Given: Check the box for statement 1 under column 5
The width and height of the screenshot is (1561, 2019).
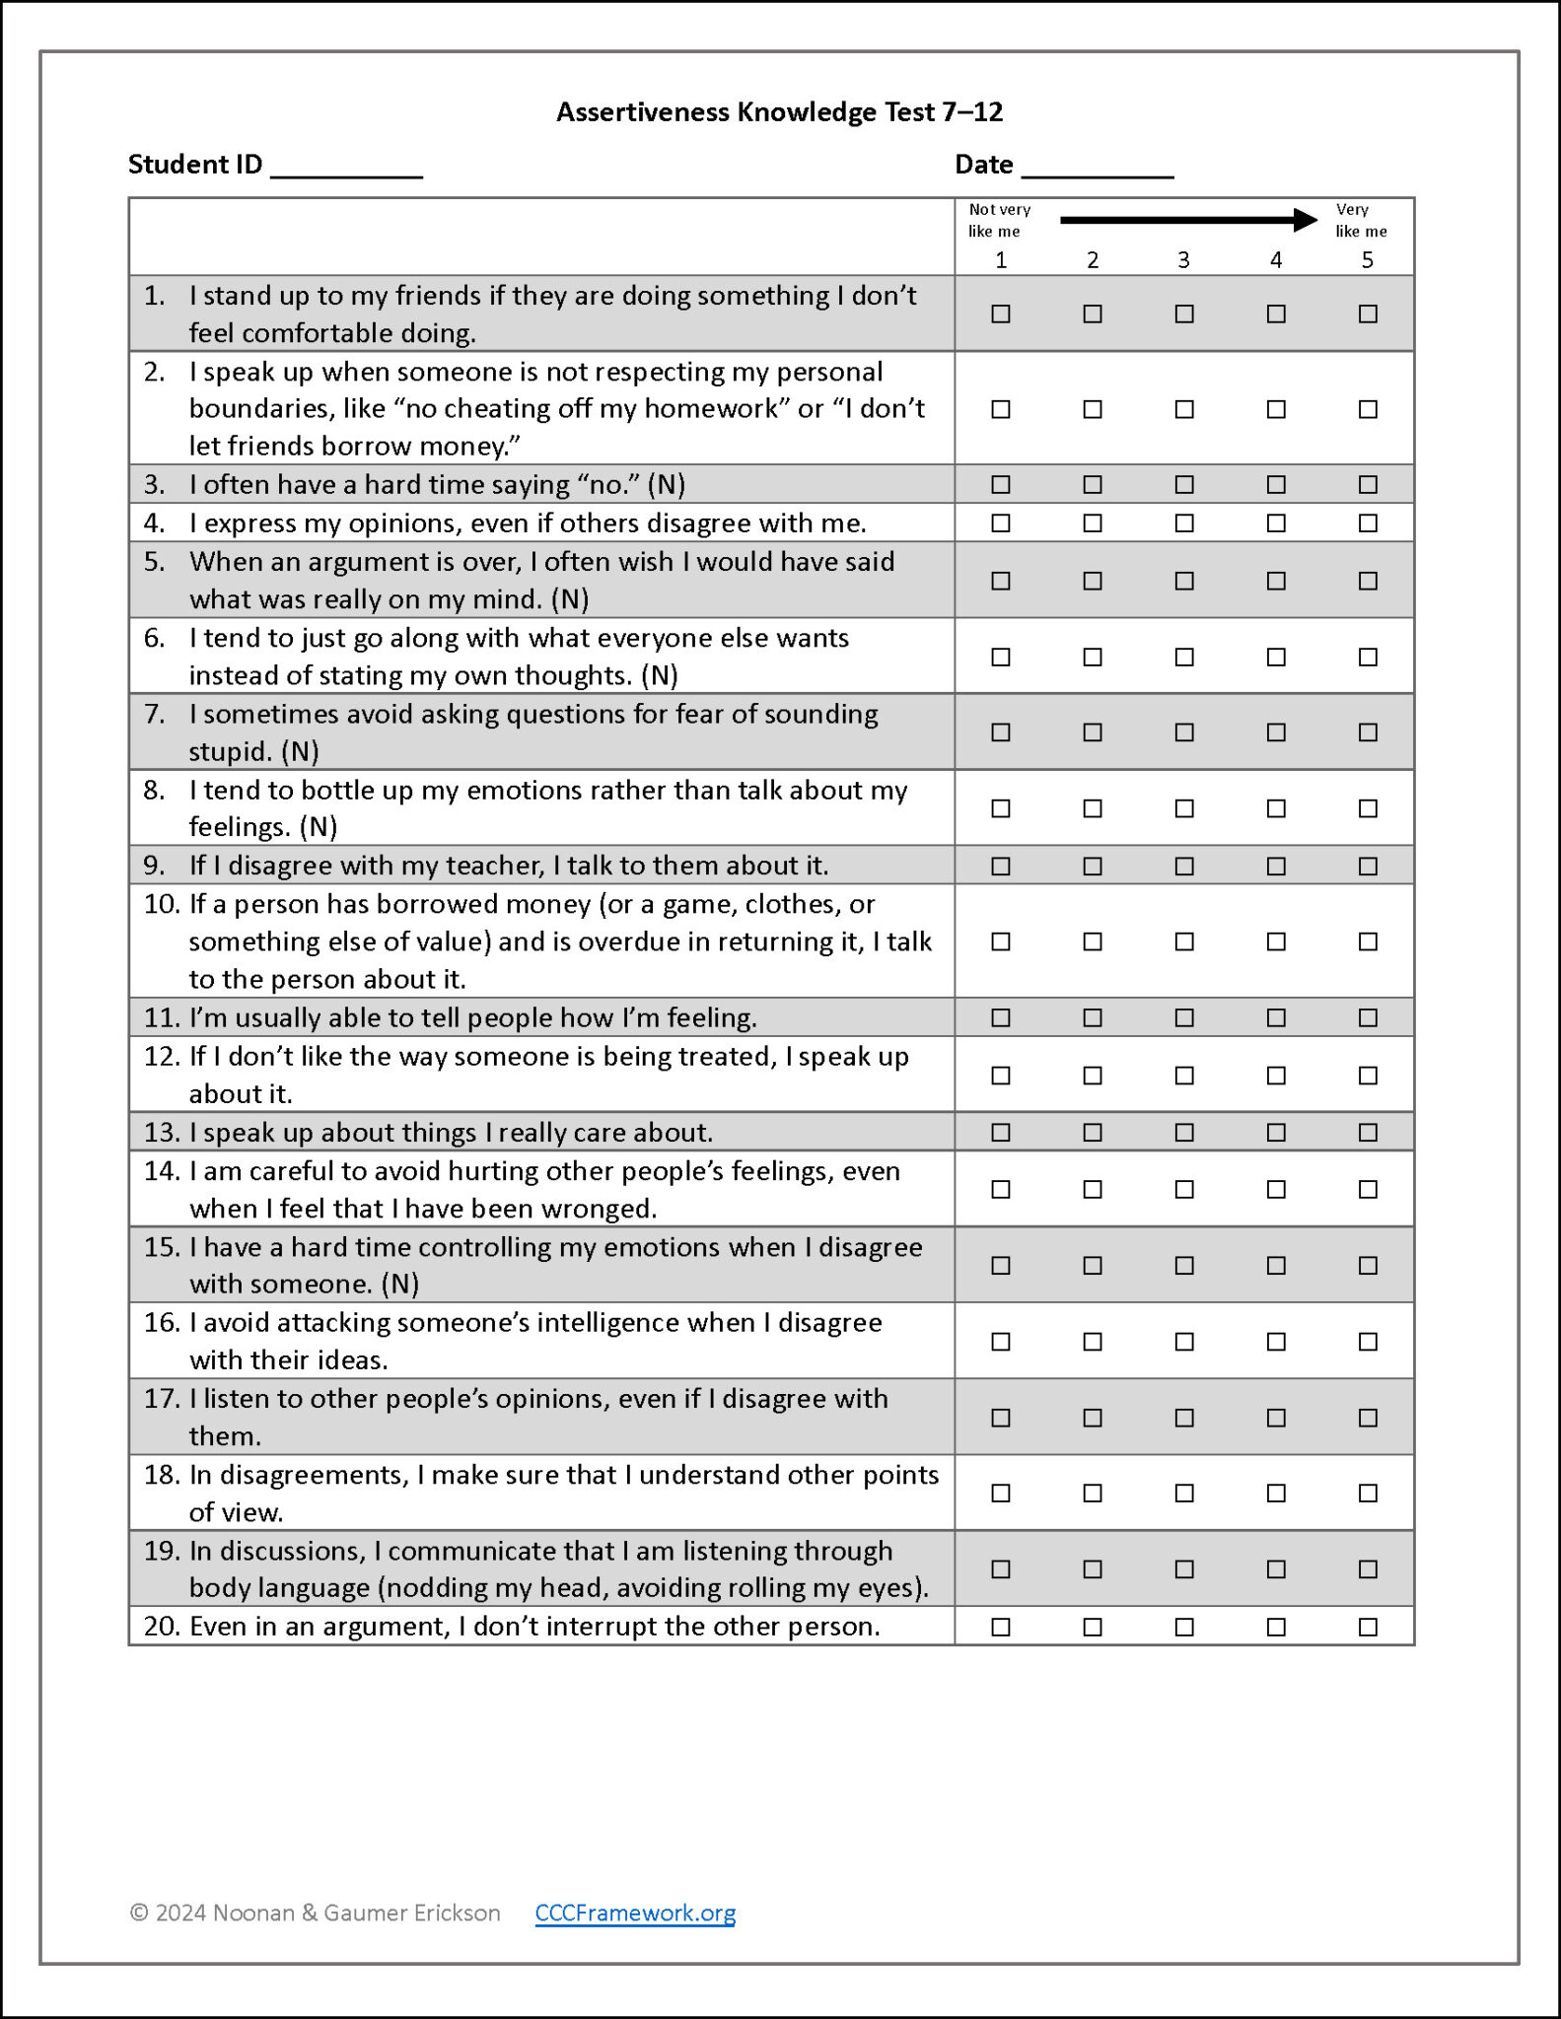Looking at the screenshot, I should click(1367, 313).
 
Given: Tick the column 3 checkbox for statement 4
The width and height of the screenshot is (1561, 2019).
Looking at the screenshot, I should click(1183, 522).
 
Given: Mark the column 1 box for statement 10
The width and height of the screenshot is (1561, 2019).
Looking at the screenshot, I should click(1000, 941).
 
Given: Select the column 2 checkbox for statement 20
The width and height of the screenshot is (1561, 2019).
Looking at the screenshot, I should click(1092, 1627).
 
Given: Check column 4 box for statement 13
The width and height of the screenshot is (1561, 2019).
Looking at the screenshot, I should click(1275, 1132).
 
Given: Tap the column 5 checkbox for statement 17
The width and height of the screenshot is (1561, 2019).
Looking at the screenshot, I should click(1367, 1418).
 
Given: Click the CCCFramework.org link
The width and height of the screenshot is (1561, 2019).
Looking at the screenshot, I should click(635, 1913).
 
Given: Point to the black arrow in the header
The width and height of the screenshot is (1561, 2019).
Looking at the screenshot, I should click(1187, 220).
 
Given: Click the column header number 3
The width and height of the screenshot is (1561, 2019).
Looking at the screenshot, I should click(1183, 259).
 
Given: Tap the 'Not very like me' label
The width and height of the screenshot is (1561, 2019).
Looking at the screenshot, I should click(998, 220).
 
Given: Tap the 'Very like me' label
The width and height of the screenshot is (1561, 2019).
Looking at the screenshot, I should click(1360, 220).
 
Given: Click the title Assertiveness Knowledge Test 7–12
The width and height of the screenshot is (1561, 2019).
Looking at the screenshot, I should click(779, 111).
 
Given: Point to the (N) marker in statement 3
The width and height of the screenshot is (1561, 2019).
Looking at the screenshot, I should click(666, 484).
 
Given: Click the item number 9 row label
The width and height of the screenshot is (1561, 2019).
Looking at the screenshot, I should click(154, 866).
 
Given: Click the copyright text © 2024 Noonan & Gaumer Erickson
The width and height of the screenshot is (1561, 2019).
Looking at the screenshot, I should click(315, 1913).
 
